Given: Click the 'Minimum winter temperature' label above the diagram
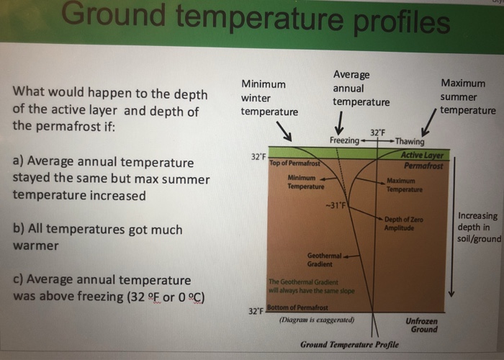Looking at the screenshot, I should tap(269, 97).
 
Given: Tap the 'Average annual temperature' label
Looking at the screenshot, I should tap(359, 88).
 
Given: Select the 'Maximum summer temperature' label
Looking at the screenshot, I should tap(467, 96).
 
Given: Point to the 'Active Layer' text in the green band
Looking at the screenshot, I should tap(423, 156).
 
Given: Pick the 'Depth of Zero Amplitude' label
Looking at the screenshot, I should tap(403, 223).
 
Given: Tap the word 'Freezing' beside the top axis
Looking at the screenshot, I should tap(343, 140).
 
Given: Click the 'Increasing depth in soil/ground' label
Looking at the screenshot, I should tap(478, 228).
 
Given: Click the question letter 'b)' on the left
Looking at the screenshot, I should tap(20, 230).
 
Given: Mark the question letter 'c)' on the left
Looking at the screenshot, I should tap(19, 280).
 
